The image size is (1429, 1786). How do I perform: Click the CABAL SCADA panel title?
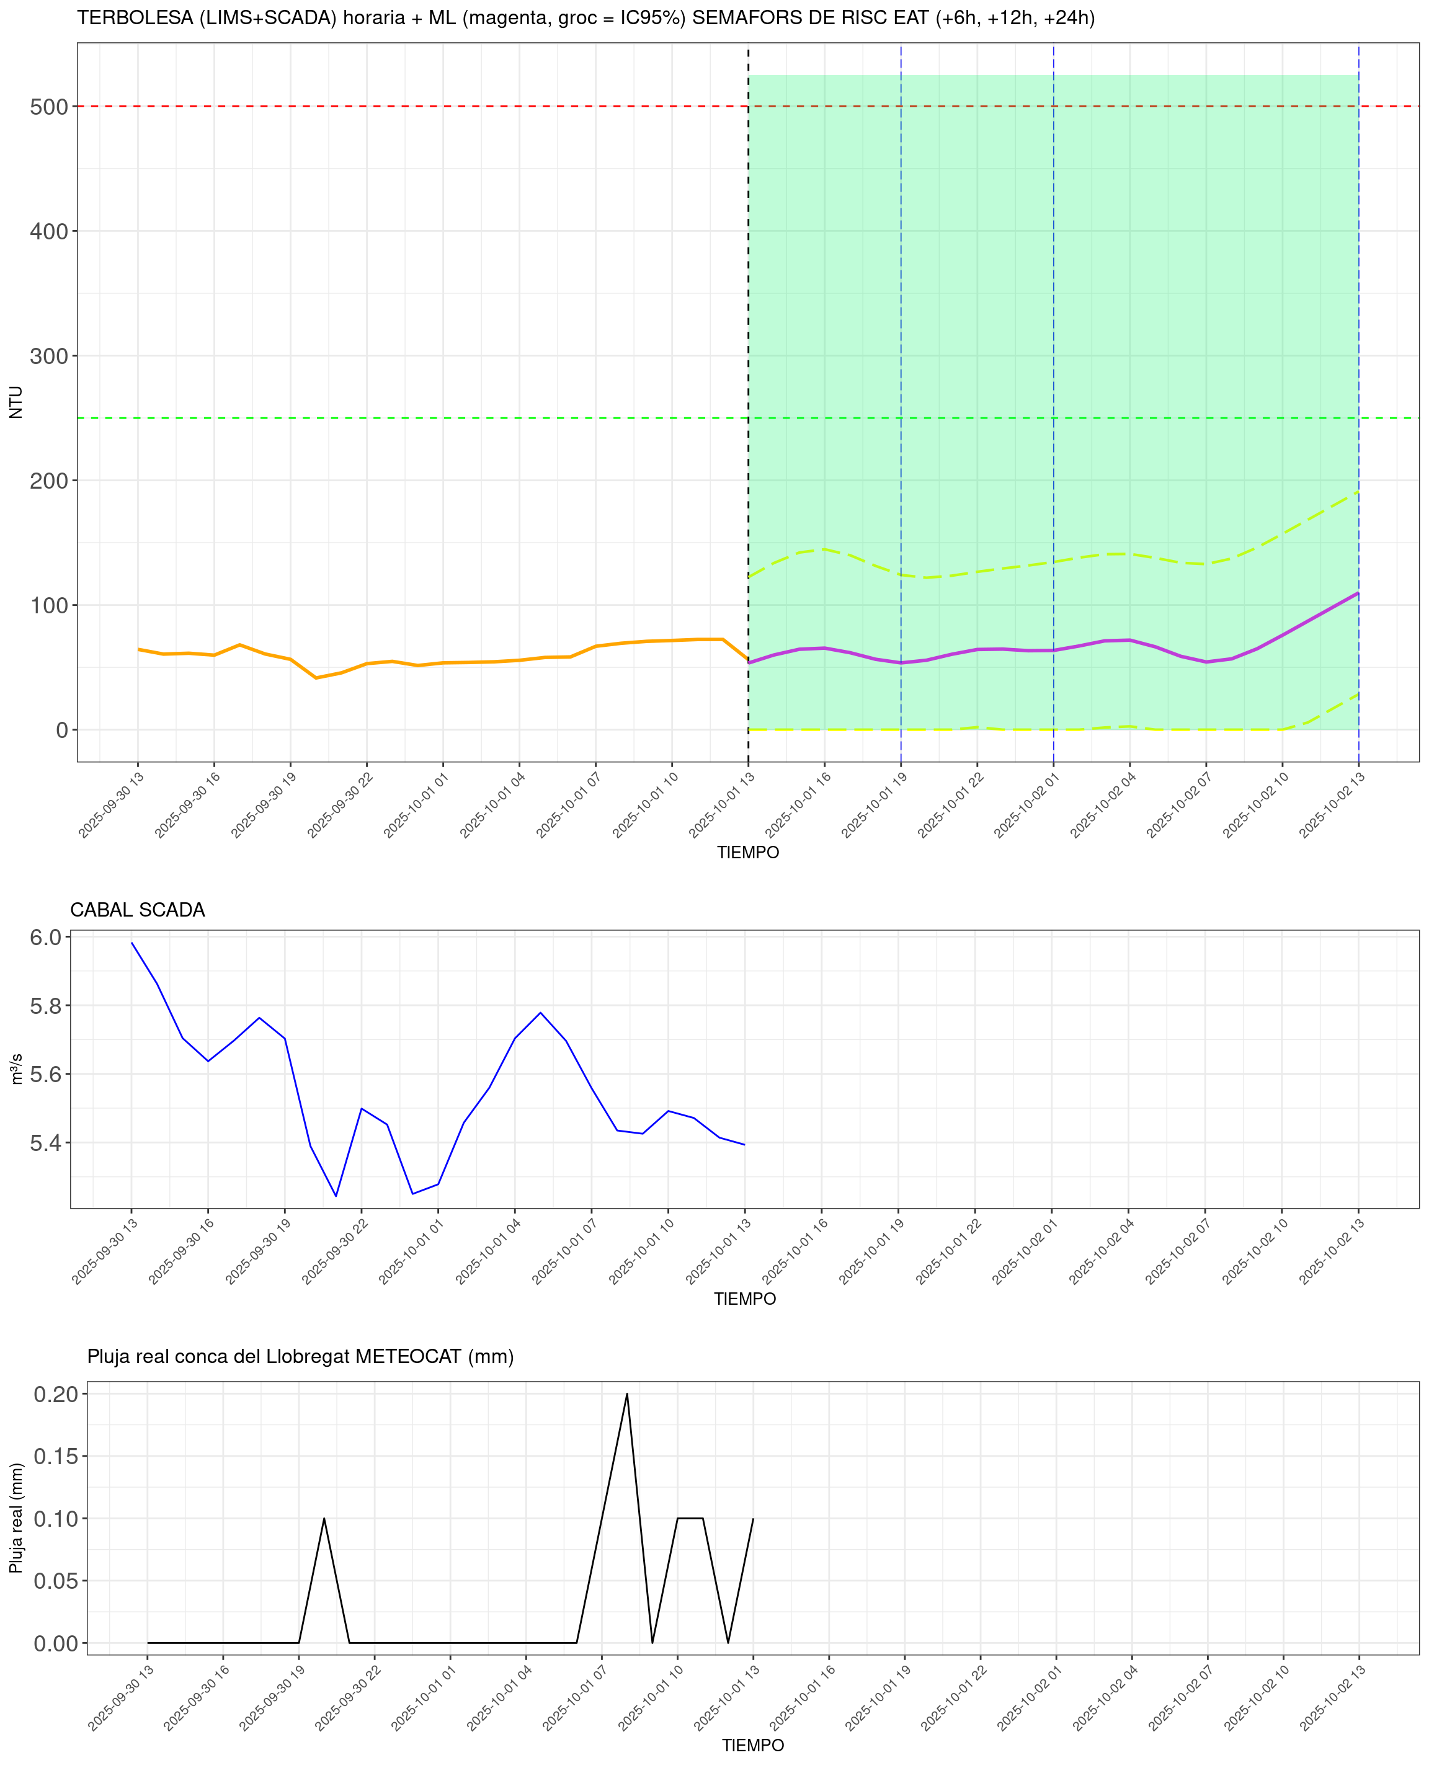pyautogui.click(x=138, y=910)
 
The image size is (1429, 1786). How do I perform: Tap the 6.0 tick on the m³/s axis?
pyautogui.click(x=45, y=937)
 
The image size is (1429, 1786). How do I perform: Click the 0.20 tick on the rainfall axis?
pyautogui.click(x=56, y=1394)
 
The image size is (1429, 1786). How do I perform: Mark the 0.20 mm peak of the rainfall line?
pyautogui.click(x=627, y=1393)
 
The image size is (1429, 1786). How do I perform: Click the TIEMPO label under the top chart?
pyautogui.click(x=748, y=853)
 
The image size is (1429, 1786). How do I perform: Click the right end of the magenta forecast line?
pyautogui.click(x=1358, y=593)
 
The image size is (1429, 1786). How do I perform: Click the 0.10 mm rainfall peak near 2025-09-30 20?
pyautogui.click(x=324, y=1519)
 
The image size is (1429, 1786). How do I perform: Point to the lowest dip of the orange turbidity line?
pyautogui.click(x=316, y=678)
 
